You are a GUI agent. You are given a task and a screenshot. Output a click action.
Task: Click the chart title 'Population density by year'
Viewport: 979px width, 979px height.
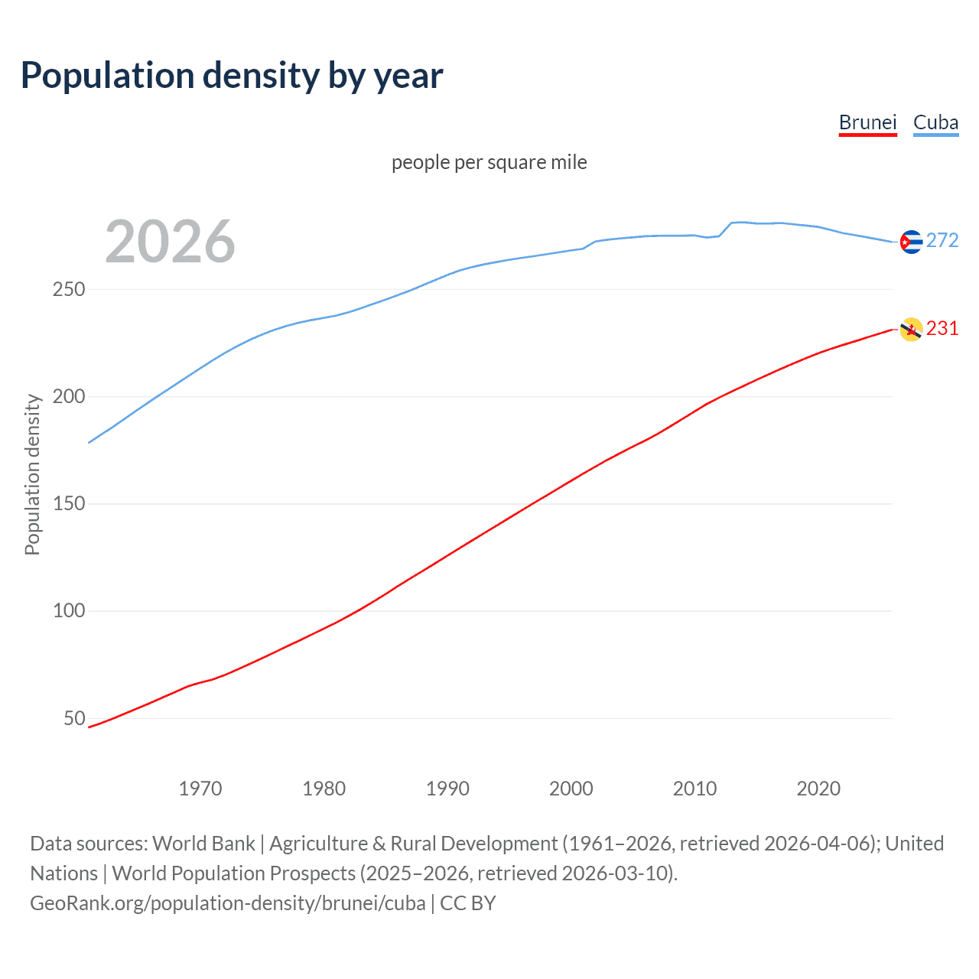(232, 76)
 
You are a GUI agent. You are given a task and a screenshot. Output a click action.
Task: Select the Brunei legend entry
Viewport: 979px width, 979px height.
(867, 122)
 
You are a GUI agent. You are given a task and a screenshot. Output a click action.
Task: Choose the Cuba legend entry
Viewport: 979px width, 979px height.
(935, 122)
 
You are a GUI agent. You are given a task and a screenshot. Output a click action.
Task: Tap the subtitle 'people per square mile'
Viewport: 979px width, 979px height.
(489, 162)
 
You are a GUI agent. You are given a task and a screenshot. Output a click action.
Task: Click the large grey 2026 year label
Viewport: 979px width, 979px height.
(170, 242)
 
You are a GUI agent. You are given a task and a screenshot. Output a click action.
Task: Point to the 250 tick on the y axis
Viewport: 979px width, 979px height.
(69, 290)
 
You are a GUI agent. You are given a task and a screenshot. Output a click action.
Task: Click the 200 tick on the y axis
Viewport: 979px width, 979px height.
(69, 397)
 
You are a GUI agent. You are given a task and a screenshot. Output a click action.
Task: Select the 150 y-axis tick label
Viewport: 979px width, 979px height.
(69, 504)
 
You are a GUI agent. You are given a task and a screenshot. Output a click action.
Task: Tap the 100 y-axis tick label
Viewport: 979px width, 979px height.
(69, 611)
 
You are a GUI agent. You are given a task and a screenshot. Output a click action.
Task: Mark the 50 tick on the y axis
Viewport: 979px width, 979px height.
(74, 718)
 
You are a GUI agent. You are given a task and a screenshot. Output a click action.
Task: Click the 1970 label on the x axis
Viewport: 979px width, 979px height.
(200, 789)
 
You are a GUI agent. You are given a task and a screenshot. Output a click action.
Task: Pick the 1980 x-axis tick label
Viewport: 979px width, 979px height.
(324, 789)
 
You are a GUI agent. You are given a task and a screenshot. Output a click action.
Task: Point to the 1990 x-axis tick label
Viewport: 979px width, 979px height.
(447, 789)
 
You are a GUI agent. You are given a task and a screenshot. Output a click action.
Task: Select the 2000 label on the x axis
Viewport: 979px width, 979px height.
(571, 789)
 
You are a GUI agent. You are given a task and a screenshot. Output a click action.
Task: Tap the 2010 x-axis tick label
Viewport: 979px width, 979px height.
(694, 789)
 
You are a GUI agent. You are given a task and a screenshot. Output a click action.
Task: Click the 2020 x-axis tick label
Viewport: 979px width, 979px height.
(818, 789)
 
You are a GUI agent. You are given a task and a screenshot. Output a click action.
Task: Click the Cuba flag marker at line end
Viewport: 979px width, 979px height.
(911, 242)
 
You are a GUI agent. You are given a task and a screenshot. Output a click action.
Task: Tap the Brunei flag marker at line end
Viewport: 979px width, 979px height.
(911, 330)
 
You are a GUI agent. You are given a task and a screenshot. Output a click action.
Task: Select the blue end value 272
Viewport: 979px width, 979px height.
(942, 241)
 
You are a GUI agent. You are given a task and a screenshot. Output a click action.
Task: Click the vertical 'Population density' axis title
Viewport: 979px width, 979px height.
(32, 474)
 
